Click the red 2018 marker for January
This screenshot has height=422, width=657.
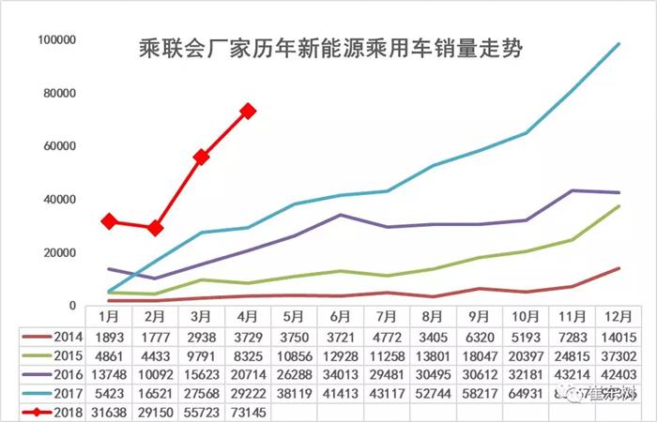110,221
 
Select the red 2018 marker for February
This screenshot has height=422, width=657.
156,228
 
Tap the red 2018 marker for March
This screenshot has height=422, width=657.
202,158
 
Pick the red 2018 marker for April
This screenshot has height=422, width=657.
248,111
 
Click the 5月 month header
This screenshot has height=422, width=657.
294,316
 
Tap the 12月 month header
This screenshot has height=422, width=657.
616,316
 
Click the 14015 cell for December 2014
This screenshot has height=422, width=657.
616,338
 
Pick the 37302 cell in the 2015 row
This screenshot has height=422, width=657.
616,356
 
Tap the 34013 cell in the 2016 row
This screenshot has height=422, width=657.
340,374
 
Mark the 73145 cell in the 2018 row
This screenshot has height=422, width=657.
248,411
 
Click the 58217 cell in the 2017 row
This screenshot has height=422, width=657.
478,393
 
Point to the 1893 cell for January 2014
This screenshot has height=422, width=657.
110,338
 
